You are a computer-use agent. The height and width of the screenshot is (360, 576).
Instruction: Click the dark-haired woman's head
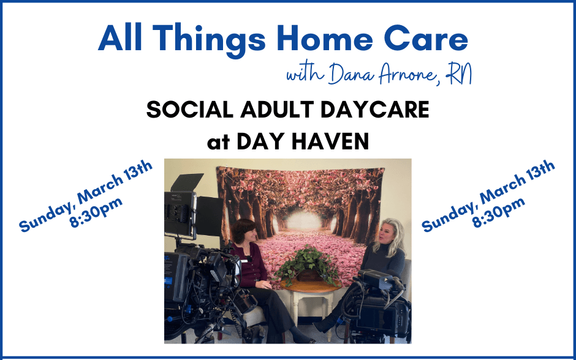pyautogui.click(x=243, y=232)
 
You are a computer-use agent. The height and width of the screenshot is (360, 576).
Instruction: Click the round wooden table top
pyautogui.click(x=311, y=285)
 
